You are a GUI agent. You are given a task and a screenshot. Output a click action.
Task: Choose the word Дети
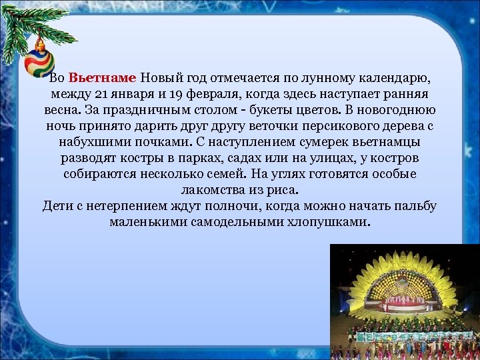[57, 205]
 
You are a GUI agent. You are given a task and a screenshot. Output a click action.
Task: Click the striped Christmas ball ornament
[39, 61]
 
